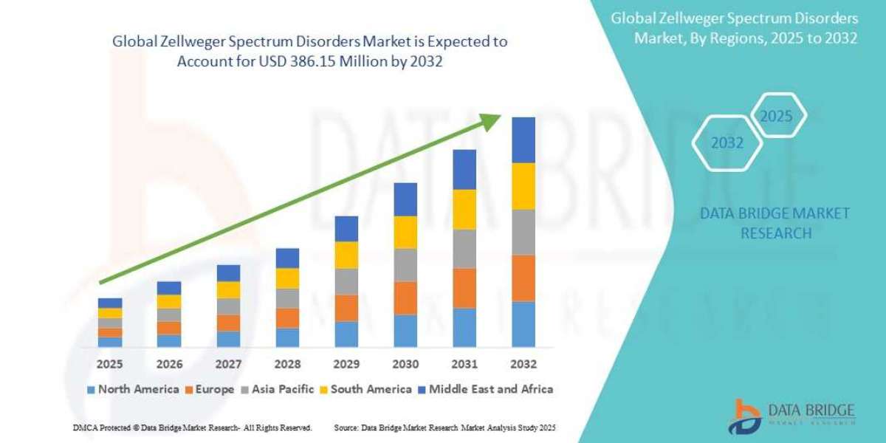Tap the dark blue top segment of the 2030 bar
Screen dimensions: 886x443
pos(405,199)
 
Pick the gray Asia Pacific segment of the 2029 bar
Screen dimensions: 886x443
pos(346,281)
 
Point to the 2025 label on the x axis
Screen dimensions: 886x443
pos(109,364)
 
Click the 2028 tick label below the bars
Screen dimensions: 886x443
pos(287,364)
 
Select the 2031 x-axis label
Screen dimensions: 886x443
pos(464,364)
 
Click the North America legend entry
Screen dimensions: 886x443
pos(133,389)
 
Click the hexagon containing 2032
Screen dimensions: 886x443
pos(727,143)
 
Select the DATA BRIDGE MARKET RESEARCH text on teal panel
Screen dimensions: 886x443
pos(775,223)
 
